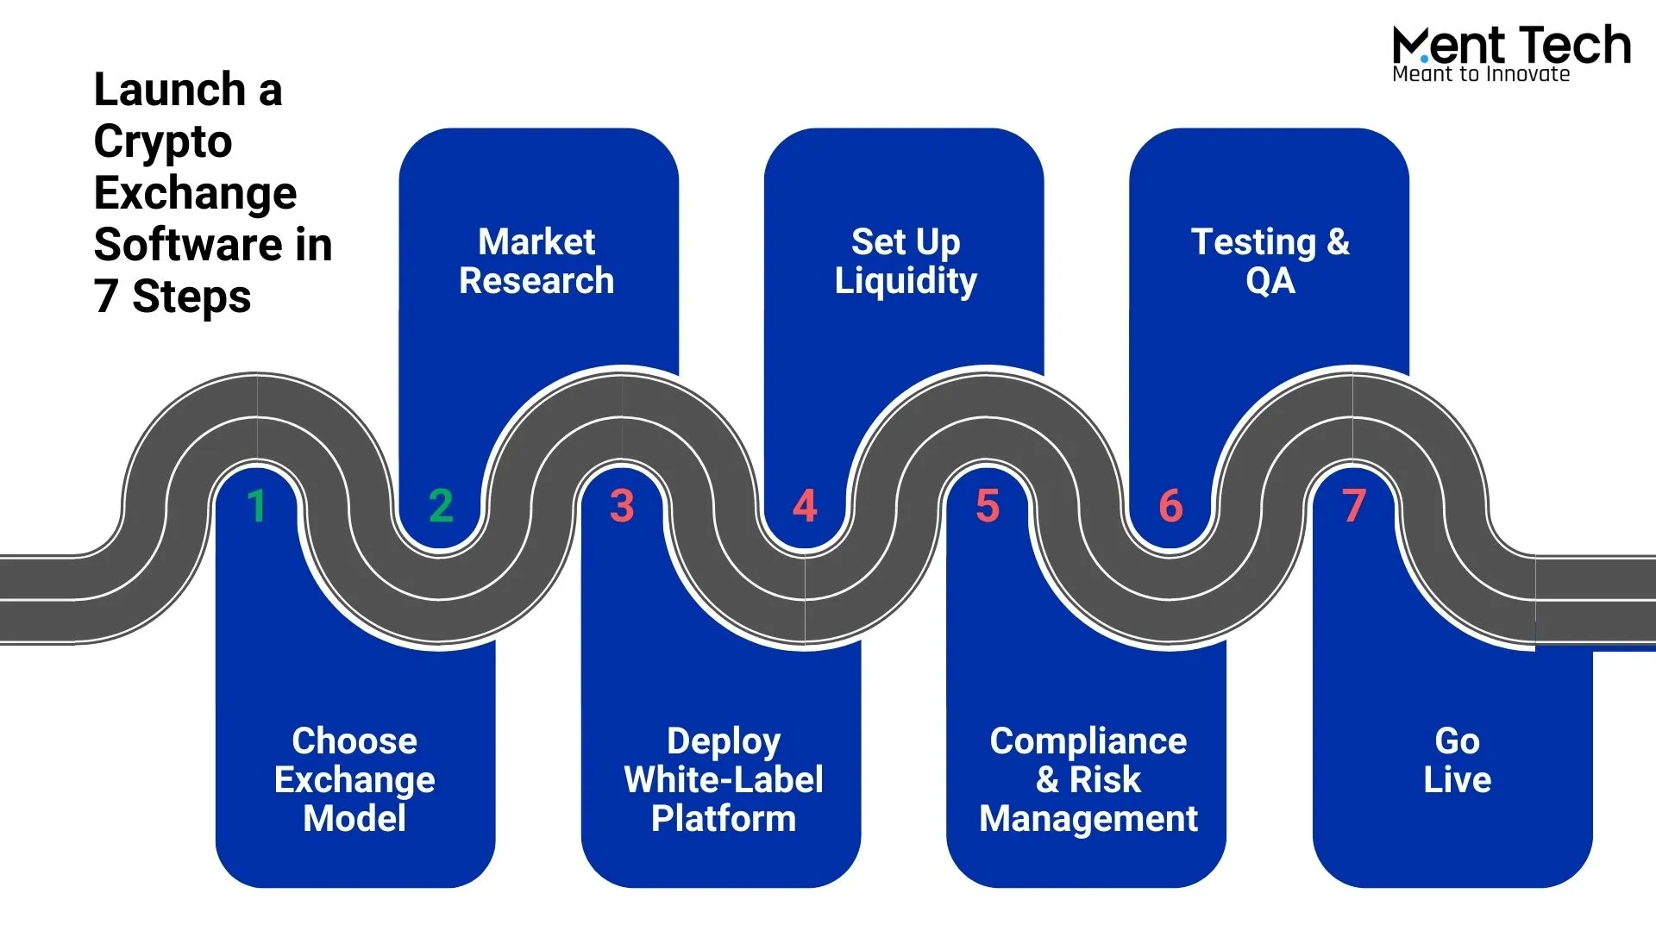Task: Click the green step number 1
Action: tap(256, 506)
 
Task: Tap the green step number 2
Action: tap(441, 506)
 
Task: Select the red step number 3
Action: tap(622, 506)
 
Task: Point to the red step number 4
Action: tap(805, 506)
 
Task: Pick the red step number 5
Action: tap(988, 506)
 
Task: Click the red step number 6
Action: tap(1170, 506)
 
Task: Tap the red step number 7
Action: tap(1354, 506)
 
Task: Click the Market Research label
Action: tap(536, 261)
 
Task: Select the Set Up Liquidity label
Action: tap(906, 261)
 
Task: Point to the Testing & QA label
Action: tap(1270, 261)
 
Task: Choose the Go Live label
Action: tap(1457, 760)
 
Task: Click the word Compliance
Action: tap(1088, 741)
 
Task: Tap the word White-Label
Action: tap(724, 780)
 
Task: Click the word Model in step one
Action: tap(354, 818)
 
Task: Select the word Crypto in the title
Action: tap(163, 142)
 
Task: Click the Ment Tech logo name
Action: tap(1511, 45)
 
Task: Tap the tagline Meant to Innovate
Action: tap(1481, 74)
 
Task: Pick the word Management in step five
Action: tap(1088, 819)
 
